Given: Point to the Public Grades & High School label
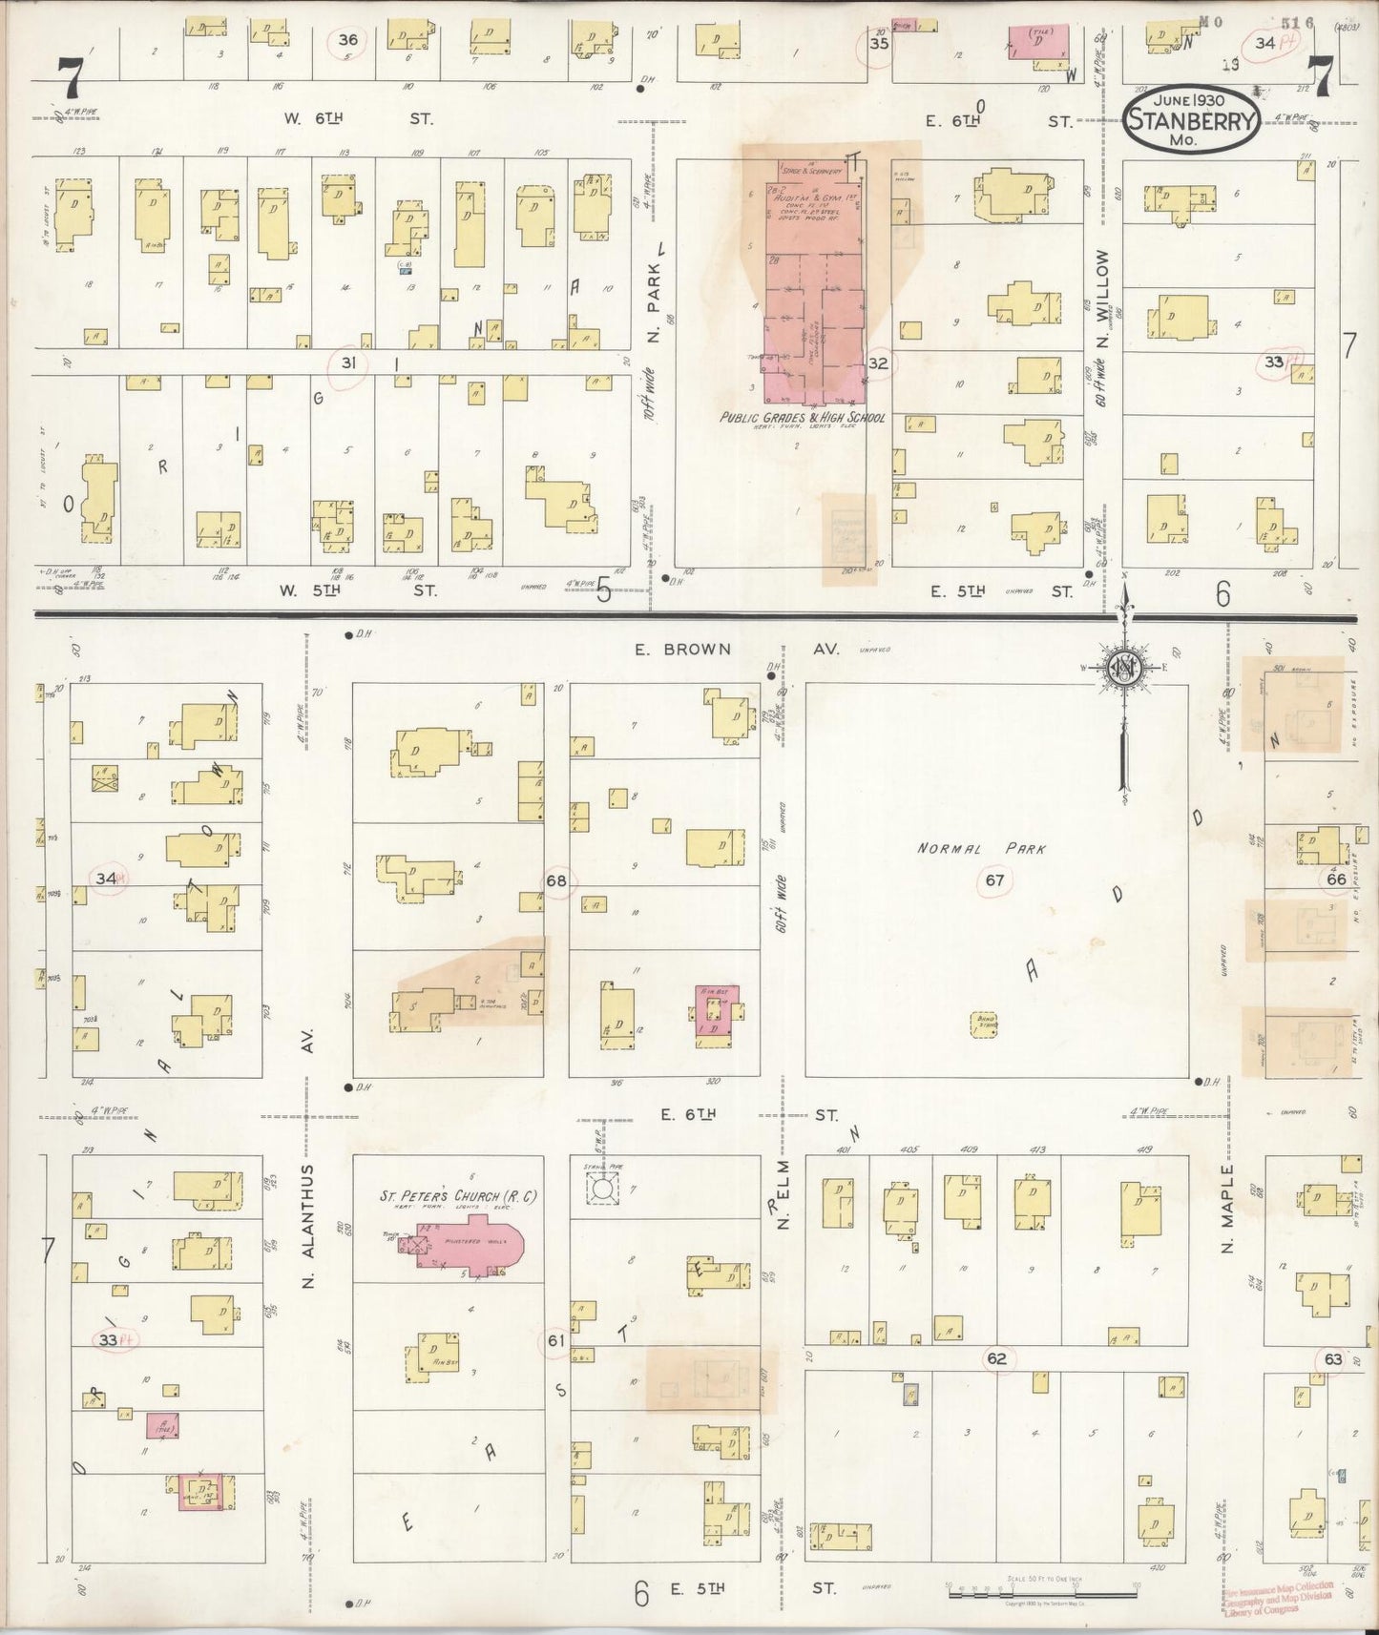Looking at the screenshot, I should coord(803,418).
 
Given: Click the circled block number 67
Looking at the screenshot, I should coord(994,880).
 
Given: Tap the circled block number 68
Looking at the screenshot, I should coord(556,880).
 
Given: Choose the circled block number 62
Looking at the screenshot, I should coord(997,1358).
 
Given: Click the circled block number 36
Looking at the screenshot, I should coord(348,40).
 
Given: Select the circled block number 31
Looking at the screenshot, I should coord(348,362).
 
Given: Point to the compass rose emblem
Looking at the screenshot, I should coord(1124,667).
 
